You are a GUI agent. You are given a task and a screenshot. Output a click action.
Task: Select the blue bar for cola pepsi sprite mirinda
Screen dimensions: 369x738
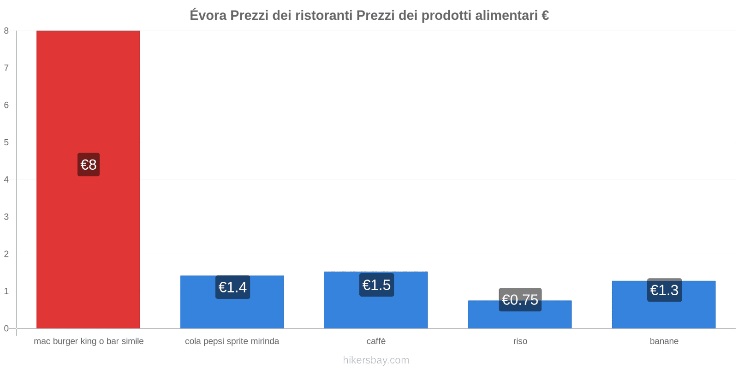pos(232,314)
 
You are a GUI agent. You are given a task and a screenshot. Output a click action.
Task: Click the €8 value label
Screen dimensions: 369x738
pos(89,165)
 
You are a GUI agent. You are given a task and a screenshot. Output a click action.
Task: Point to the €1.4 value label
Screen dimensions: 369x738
pos(232,287)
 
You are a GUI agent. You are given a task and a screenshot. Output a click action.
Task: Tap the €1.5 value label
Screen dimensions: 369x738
pos(376,285)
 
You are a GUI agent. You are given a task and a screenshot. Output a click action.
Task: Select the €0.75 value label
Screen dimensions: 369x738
pos(520,300)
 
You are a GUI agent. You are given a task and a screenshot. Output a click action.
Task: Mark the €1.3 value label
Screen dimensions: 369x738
pos(664,290)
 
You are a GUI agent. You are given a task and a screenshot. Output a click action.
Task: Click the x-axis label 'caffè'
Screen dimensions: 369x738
pos(376,341)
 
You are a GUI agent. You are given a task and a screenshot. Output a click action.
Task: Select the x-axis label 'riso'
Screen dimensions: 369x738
pos(520,341)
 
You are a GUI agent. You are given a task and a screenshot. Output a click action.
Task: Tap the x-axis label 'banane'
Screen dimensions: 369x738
pos(664,341)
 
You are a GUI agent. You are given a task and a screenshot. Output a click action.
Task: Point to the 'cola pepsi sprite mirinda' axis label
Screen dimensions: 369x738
pos(232,341)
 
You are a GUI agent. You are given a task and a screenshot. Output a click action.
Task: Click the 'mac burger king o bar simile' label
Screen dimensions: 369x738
pos(89,341)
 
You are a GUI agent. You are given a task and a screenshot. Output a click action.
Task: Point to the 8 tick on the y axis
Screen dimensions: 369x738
pos(6,31)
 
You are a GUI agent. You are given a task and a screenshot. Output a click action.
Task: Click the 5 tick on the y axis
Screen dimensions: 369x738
pos(6,143)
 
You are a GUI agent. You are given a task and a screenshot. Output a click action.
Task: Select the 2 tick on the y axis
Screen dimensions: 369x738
pos(6,254)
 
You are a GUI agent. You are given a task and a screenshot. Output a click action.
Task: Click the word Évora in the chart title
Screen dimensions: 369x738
pos(208,15)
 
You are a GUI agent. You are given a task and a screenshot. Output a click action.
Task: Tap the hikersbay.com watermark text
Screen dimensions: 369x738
pos(376,360)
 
